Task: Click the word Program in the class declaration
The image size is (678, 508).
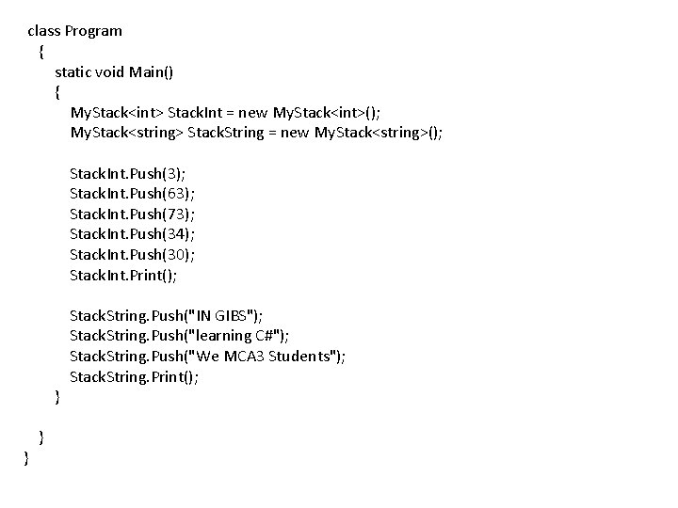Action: (93, 31)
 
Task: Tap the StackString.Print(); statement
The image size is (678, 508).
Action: (135, 377)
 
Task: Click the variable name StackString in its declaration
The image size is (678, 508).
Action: (227, 133)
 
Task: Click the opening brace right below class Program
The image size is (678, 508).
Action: (40, 51)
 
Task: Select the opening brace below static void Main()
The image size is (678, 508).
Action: (57, 92)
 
